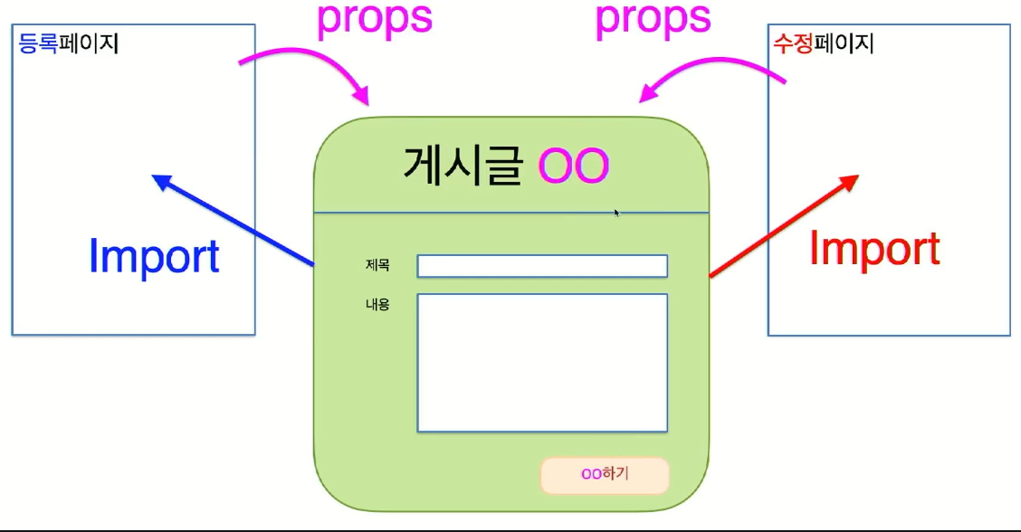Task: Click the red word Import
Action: [874, 249]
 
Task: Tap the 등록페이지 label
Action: [69, 43]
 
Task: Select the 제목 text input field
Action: [541, 266]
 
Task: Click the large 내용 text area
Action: [541, 362]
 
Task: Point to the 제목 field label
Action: [377, 265]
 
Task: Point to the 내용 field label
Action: [377, 305]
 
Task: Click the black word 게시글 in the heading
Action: [463, 166]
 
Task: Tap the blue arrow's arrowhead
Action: [161, 180]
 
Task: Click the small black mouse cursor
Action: [617, 213]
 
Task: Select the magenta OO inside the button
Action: [592, 473]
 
